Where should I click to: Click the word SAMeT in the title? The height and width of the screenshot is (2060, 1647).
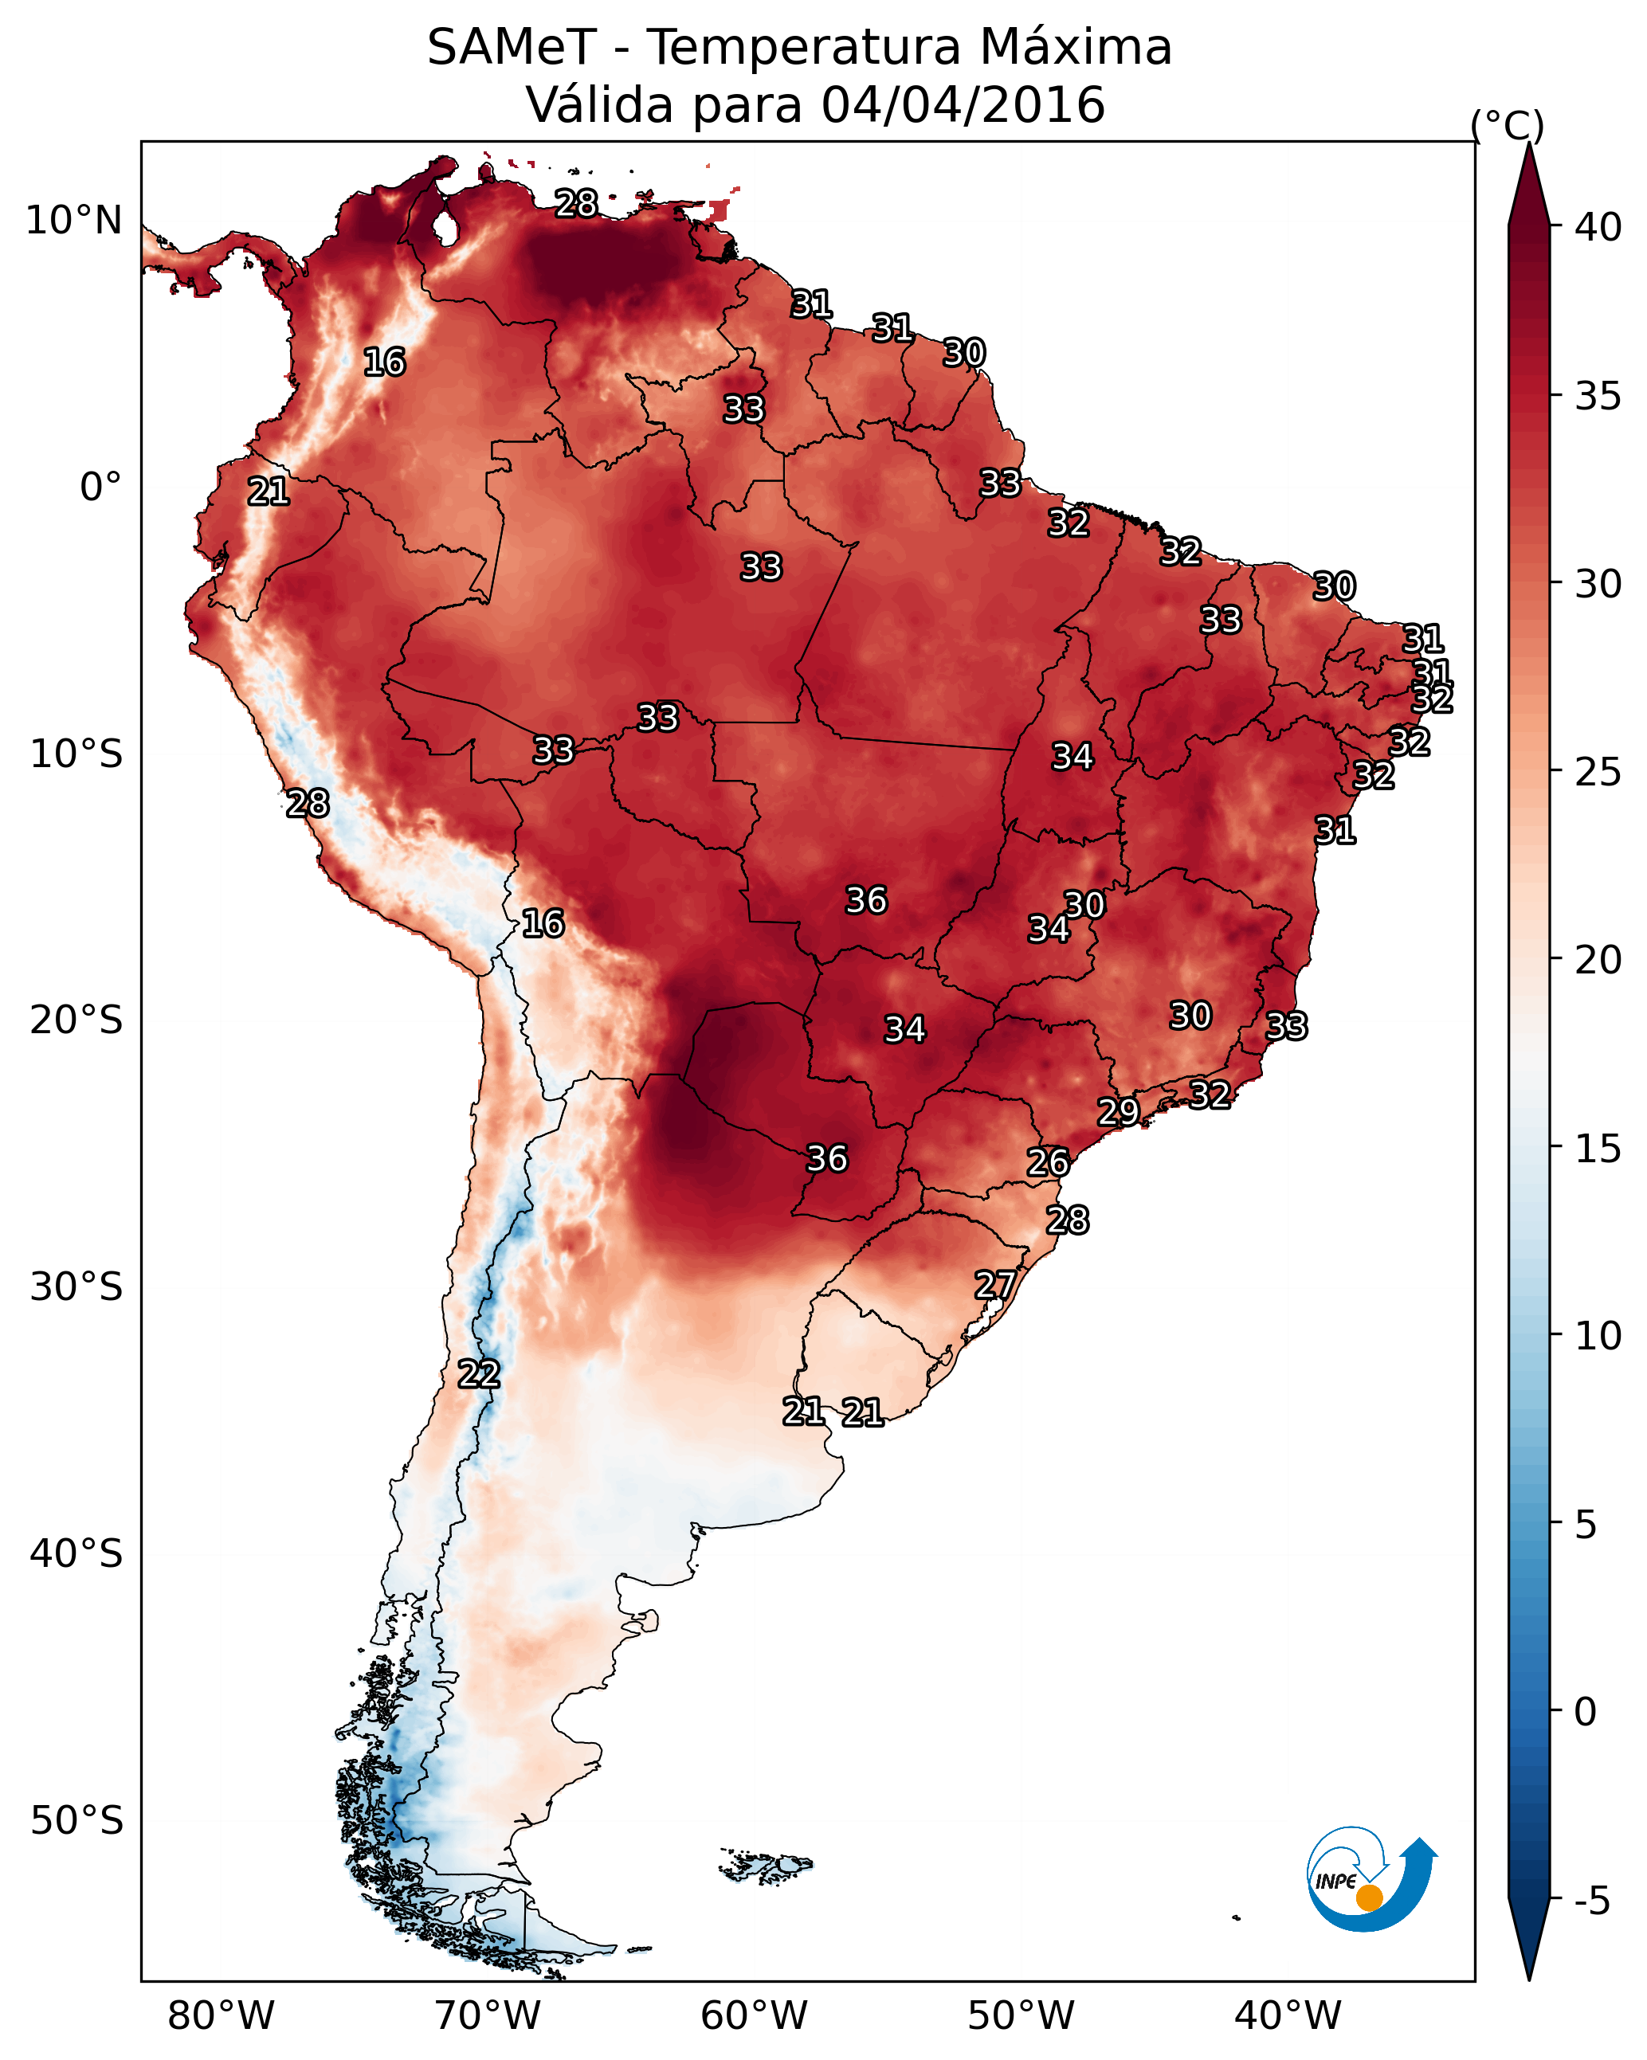click(x=512, y=48)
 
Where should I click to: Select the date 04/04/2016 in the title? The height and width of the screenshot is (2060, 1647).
click(x=963, y=105)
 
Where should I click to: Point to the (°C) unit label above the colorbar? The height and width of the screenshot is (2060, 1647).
click(x=1508, y=125)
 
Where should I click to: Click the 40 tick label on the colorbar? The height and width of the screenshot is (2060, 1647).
click(x=1598, y=227)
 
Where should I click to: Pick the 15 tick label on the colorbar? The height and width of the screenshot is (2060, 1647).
click(x=1598, y=1149)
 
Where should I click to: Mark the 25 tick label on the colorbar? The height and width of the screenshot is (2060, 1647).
click(x=1598, y=772)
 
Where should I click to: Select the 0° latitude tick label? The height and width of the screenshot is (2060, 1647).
click(x=101, y=488)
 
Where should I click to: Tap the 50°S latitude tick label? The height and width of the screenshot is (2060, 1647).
click(x=76, y=1821)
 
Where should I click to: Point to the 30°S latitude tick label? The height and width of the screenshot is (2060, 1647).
click(x=76, y=1288)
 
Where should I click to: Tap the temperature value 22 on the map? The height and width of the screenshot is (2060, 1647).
click(x=479, y=1374)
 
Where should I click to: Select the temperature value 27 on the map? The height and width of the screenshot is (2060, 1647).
click(x=995, y=1285)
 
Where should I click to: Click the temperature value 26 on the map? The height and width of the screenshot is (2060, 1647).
click(x=1049, y=1163)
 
